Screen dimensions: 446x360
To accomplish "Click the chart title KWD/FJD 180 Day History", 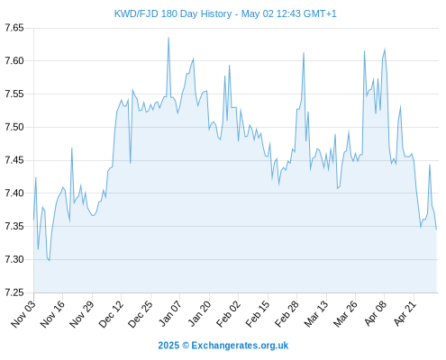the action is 173,13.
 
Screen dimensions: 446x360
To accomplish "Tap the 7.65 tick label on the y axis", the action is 14,28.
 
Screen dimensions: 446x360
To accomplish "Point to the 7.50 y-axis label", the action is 14,127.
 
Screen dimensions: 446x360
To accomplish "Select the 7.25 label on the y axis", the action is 14,292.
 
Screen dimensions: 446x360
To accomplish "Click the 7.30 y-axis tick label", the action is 14,259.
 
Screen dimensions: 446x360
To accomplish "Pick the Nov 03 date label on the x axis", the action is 23,314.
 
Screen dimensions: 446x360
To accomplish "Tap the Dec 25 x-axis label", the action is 141,314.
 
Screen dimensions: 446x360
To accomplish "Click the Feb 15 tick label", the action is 258,314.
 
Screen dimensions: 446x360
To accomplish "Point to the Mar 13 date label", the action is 316,314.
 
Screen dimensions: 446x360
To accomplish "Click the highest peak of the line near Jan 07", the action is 168,38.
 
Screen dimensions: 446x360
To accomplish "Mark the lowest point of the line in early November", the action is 50,260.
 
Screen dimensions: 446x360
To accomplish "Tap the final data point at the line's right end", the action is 436,229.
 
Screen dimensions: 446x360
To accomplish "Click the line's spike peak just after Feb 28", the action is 304,53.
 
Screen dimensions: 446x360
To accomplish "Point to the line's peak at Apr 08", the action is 385,49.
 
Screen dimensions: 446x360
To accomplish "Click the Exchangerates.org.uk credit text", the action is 240,346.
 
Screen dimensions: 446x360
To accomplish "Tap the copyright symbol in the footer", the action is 186,346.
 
